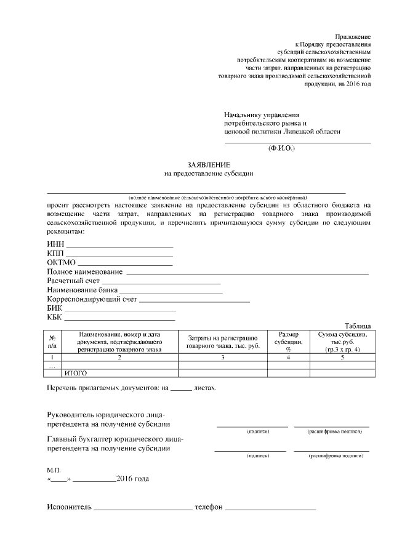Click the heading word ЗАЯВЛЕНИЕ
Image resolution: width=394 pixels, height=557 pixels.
tap(209, 164)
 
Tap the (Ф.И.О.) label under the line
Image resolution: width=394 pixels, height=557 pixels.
tap(282, 148)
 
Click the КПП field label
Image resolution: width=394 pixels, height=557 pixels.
tap(55, 254)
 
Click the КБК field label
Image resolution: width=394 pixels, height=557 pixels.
tap(55, 317)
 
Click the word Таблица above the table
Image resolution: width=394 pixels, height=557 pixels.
tap(358, 326)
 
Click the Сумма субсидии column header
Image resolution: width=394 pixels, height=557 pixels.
tap(342, 341)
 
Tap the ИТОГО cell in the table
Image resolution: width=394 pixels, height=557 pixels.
tap(76, 373)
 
